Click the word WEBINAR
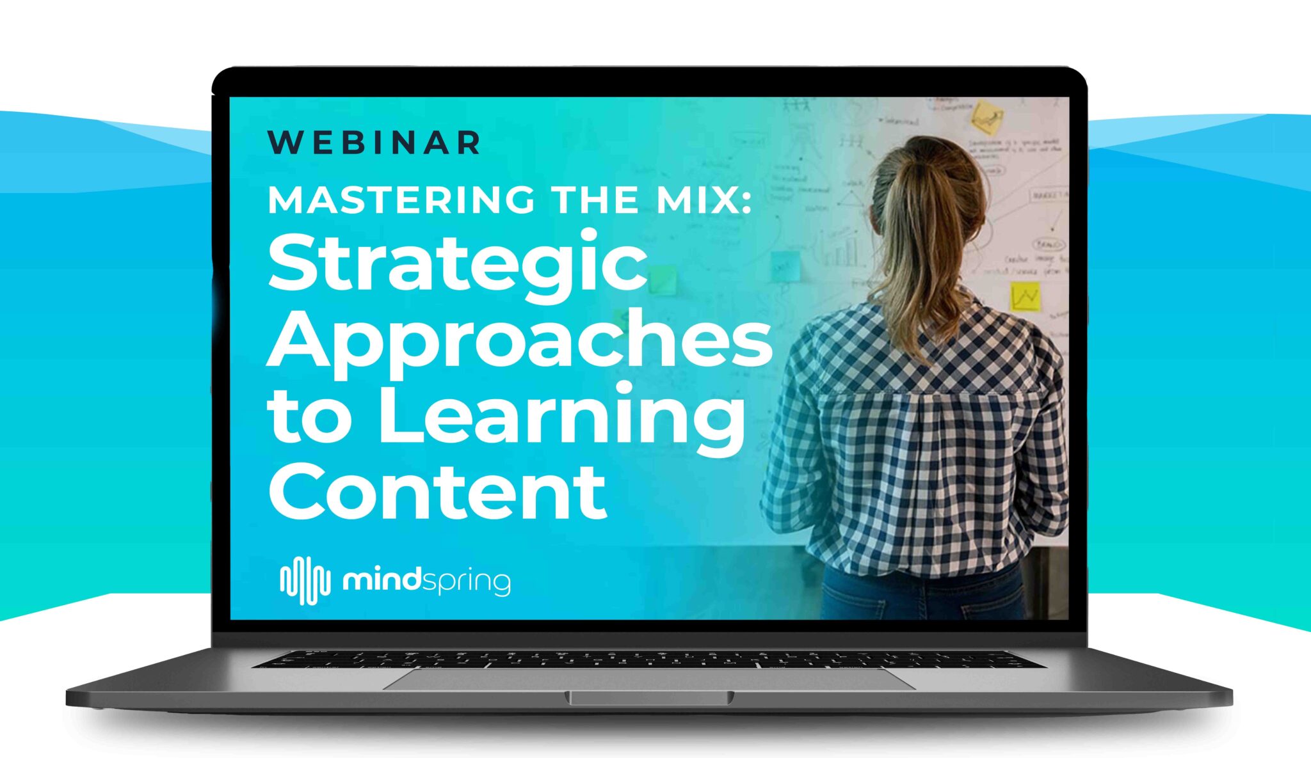pyautogui.click(x=374, y=143)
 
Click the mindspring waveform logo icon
pyautogui.click(x=305, y=580)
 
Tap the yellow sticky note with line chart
pyautogui.click(x=1024, y=297)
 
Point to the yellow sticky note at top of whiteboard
pyautogui.click(x=986, y=118)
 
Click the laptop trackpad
pyautogui.click(x=649, y=678)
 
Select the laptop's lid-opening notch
pyautogui.click(x=649, y=698)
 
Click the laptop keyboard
pyautogui.click(x=649, y=659)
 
